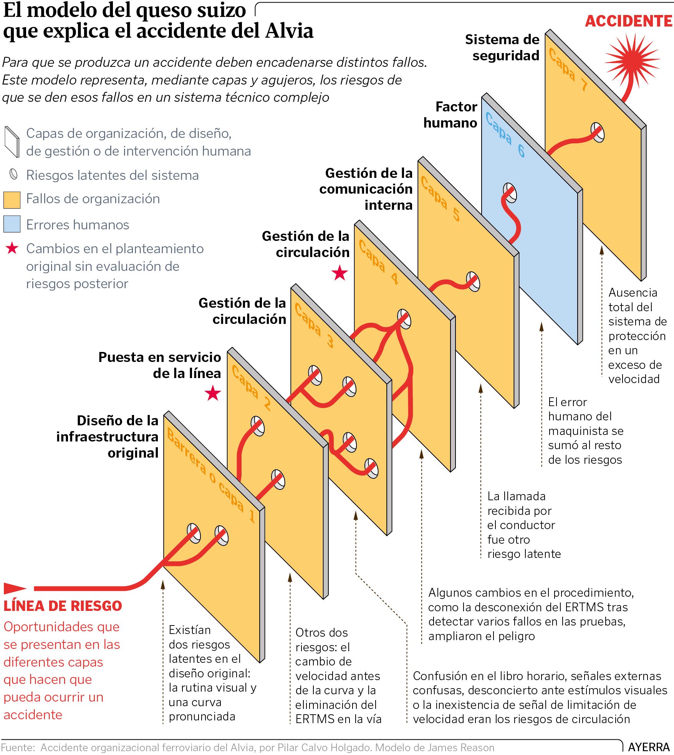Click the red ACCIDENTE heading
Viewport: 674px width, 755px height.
click(629, 21)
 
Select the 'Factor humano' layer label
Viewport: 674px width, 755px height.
click(450, 114)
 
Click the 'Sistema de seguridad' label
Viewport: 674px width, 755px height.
click(502, 47)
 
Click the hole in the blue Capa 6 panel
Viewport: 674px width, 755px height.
click(510, 193)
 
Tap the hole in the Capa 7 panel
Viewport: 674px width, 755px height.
click(598, 132)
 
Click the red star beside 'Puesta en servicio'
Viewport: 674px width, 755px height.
click(213, 393)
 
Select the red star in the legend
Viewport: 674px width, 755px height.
click(12, 248)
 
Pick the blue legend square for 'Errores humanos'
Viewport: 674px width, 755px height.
click(12, 224)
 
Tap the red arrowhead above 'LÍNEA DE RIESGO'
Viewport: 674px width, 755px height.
click(15, 588)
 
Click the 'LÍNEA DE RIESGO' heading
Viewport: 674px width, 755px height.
click(63, 606)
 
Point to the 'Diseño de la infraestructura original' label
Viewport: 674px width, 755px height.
click(107, 436)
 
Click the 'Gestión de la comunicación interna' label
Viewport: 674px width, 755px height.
click(366, 189)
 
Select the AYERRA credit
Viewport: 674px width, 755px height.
click(649, 747)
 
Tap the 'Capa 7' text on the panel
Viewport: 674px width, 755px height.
click(568, 70)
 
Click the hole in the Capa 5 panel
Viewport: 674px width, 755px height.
click(473, 282)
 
